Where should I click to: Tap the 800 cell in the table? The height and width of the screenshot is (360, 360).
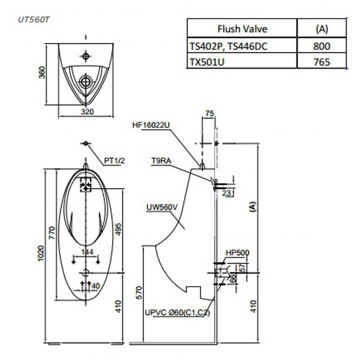(321, 45)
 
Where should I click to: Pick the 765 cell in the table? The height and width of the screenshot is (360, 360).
(321, 61)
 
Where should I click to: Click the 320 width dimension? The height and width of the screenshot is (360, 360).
(88, 112)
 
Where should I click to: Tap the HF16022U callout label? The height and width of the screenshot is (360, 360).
(151, 125)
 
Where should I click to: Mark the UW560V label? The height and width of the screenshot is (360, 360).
(160, 207)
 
